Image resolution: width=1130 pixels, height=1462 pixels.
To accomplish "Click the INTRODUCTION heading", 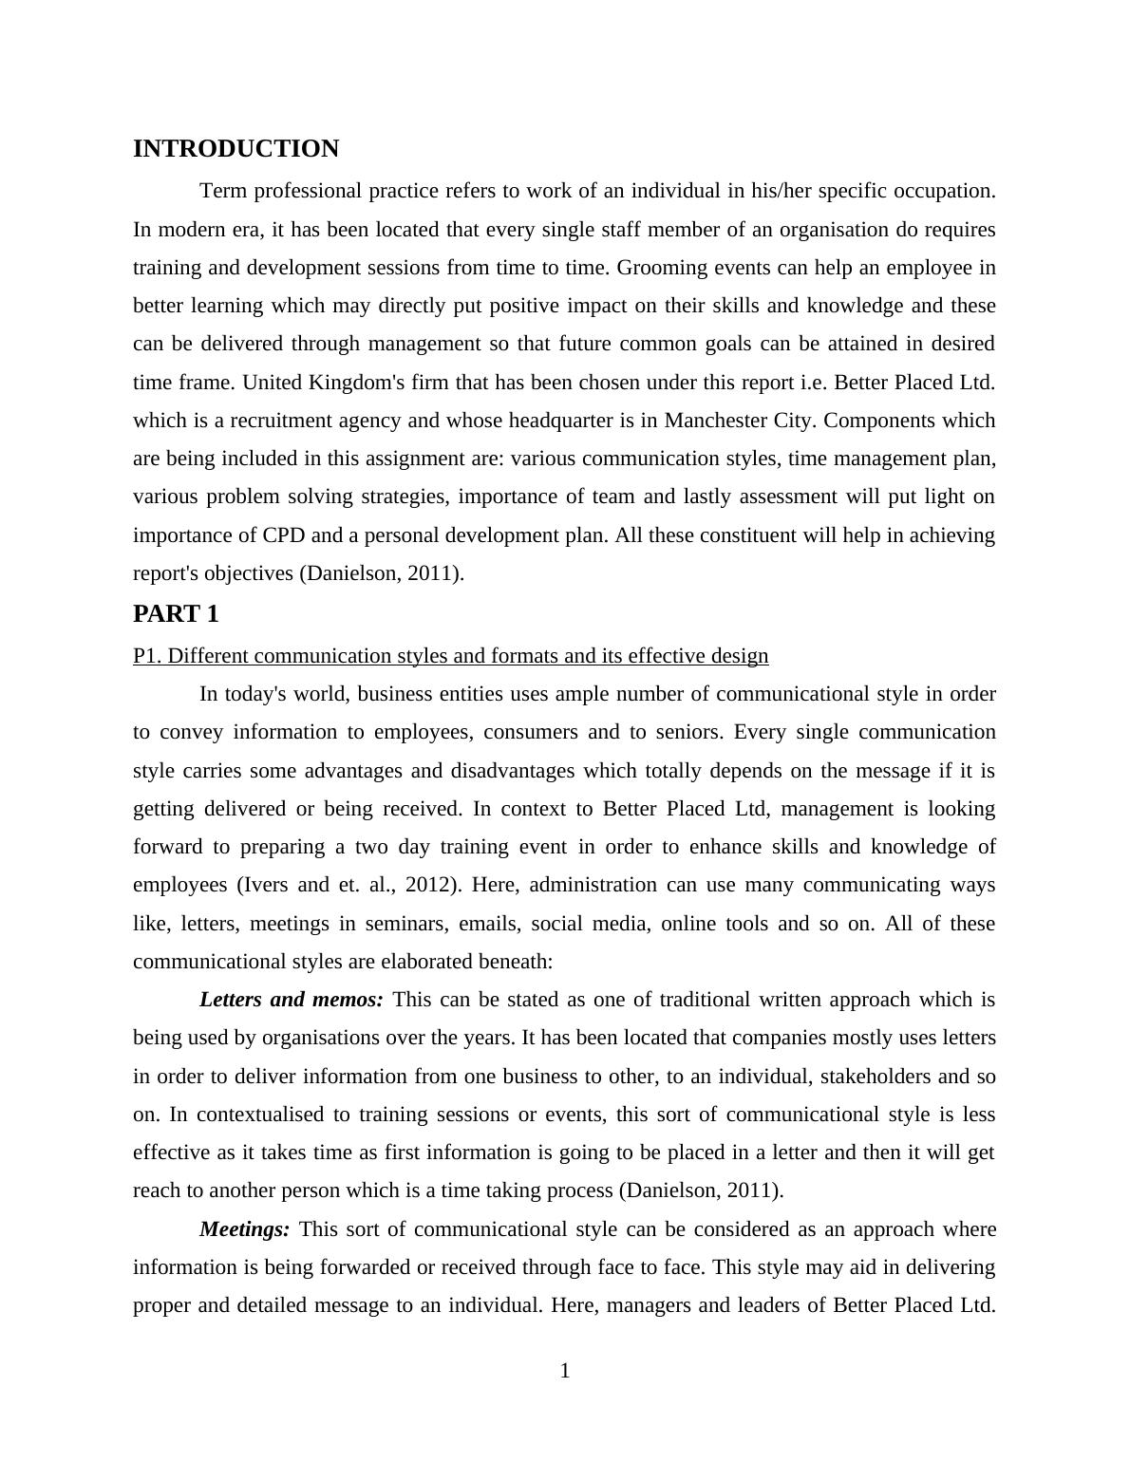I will pos(235,149).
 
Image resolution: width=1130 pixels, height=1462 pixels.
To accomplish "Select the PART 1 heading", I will pos(176,614).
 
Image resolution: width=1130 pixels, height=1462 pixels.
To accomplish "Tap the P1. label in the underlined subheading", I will pos(147,656).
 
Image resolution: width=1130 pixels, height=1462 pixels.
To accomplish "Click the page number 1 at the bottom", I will pos(565,1371).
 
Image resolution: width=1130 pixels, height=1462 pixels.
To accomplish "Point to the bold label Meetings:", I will pos(245,1229).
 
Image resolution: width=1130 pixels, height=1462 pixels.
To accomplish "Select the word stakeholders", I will pos(876,1077).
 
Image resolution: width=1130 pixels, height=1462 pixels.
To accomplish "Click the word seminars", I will pos(406,924).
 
